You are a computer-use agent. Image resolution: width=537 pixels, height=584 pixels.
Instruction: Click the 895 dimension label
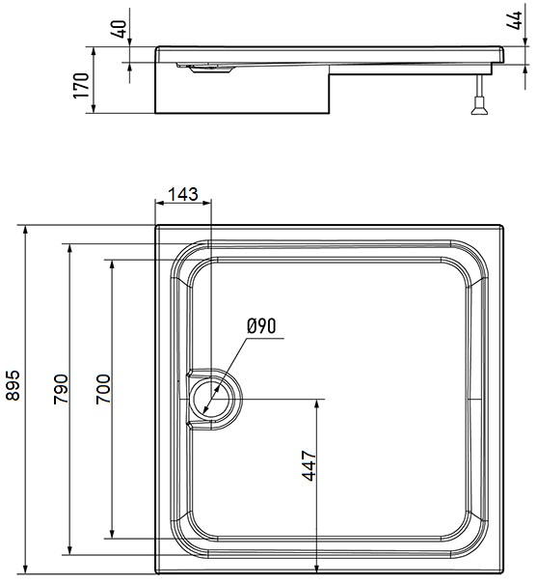(13, 385)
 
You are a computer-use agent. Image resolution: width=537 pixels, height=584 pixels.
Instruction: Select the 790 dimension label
(61, 389)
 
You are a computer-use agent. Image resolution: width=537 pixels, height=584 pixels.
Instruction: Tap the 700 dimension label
(103, 389)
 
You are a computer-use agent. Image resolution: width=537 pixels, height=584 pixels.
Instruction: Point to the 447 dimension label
(309, 465)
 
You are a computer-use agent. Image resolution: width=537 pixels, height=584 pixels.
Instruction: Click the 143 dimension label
(183, 194)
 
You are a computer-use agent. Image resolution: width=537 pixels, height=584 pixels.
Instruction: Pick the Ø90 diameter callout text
(261, 326)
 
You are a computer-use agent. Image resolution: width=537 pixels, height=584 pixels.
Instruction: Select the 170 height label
(81, 85)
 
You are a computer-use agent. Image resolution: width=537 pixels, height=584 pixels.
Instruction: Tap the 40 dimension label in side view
(120, 28)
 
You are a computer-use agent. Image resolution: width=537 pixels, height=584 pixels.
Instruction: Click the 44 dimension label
(514, 20)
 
